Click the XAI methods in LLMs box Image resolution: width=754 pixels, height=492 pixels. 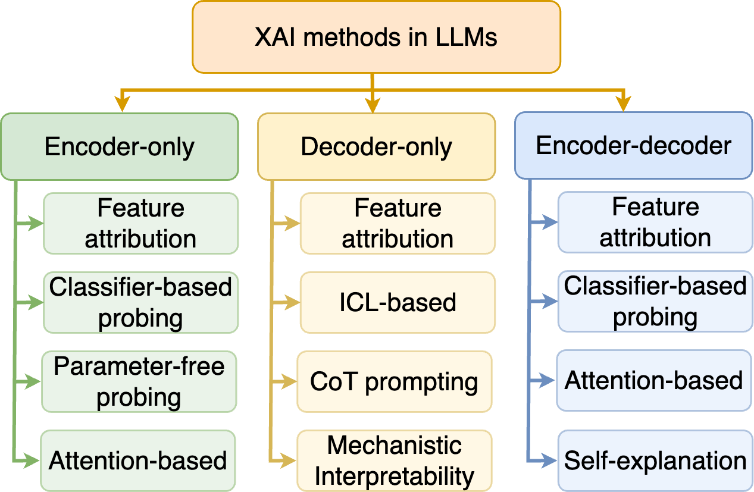click(x=376, y=37)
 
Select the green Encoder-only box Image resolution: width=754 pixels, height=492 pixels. click(x=120, y=146)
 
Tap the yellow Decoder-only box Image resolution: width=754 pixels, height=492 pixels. click(x=376, y=146)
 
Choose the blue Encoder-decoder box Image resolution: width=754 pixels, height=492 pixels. click(x=633, y=146)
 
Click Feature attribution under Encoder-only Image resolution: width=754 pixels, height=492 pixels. click(x=140, y=223)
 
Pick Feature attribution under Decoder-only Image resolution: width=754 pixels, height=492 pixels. click(x=398, y=223)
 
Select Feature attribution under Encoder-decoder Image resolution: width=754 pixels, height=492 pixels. click(x=655, y=223)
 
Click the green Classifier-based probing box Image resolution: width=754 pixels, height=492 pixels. click(x=140, y=302)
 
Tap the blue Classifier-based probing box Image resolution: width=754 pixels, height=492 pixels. click(x=655, y=302)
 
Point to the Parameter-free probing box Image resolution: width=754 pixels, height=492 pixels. click(x=139, y=381)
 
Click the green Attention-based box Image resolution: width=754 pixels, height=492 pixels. click(x=138, y=460)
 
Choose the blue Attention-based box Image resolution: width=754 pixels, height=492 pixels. click(x=654, y=381)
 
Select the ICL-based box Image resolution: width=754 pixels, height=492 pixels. click(x=398, y=302)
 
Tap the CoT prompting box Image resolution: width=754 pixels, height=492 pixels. click(x=395, y=381)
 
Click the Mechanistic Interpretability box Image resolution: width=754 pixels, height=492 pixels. click(x=395, y=460)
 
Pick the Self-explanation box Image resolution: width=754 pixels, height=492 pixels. click(x=655, y=460)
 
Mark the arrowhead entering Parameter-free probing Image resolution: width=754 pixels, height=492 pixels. click(x=35, y=381)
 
